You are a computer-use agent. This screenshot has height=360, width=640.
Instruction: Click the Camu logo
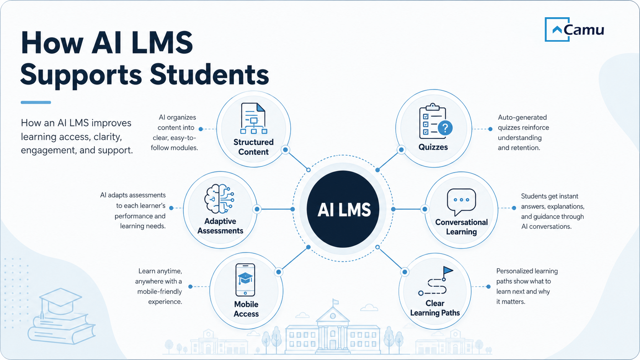click(574, 29)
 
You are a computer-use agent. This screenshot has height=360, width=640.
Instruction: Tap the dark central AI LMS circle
click(343, 209)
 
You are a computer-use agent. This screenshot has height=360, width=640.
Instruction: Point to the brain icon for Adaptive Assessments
click(219, 199)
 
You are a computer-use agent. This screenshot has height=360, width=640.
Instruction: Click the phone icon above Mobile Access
click(245, 280)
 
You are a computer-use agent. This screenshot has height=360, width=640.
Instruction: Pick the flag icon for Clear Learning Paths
click(448, 271)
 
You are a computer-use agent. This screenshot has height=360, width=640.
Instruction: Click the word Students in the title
click(209, 74)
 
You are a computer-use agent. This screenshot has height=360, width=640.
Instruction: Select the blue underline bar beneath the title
click(36, 102)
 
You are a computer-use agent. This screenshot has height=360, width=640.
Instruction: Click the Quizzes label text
click(433, 147)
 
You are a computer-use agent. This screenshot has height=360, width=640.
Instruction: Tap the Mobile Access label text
click(246, 309)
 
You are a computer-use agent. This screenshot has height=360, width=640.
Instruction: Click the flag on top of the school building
click(336, 301)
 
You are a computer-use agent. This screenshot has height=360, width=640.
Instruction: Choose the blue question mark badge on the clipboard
click(445, 128)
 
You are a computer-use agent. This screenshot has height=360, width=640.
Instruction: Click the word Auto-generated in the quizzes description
click(522, 117)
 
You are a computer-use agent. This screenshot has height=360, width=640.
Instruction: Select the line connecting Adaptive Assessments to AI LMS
click(274, 209)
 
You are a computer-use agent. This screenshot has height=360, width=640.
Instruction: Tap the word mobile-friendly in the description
click(160, 292)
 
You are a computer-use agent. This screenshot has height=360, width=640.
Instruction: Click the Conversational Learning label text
click(461, 227)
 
